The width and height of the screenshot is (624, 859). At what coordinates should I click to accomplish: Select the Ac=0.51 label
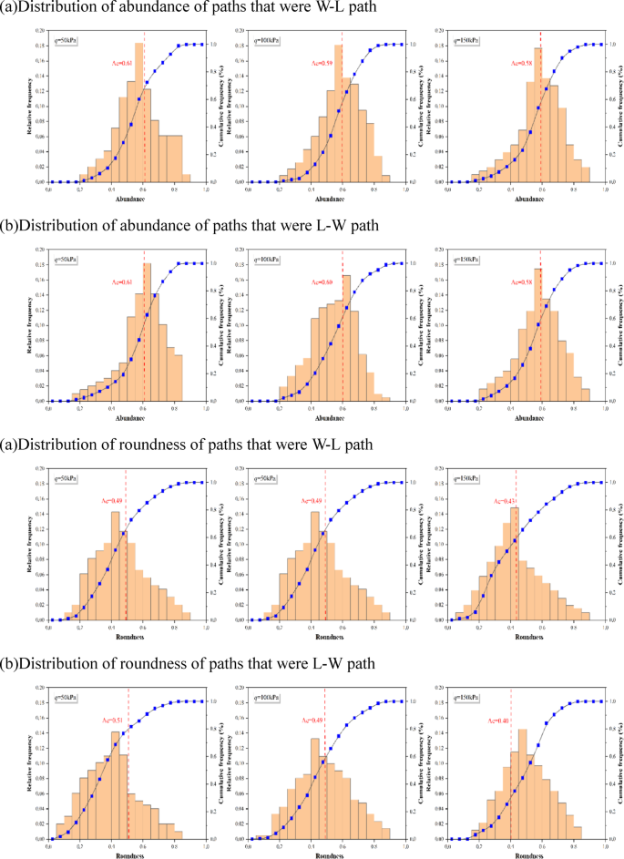(114, 721)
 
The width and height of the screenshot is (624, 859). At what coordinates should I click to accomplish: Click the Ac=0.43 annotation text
(504, 501)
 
